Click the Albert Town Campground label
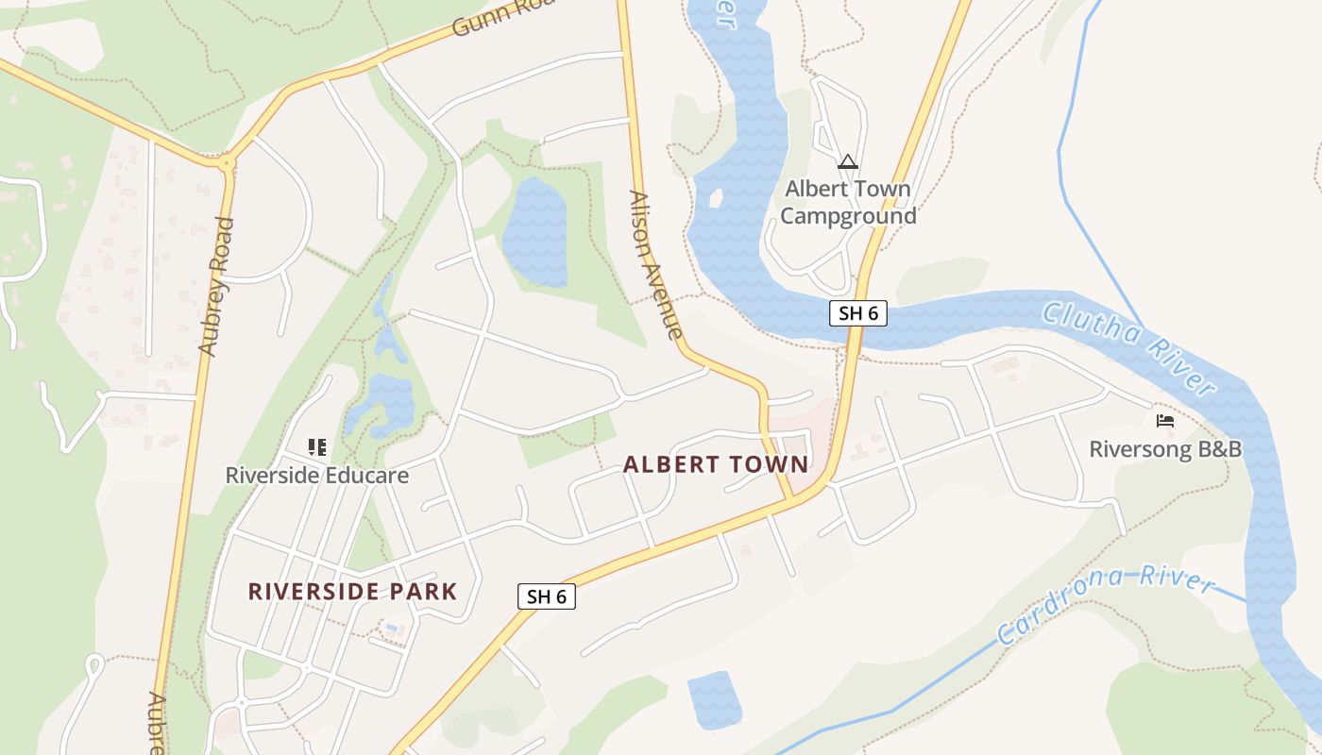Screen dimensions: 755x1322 click(847, 202)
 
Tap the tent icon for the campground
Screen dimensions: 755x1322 click(847, 162)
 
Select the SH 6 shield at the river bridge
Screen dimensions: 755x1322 click(858, 313)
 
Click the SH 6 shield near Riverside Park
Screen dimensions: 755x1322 click(546, 596)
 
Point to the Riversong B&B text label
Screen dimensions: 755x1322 click(1164, 449)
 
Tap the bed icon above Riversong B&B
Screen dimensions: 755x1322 click(1164, 420)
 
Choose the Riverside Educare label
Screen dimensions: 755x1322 click(316, 475)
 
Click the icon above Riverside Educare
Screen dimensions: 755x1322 click(316, 446)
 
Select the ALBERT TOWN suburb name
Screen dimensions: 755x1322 click(716, 464)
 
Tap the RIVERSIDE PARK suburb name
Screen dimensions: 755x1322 click(352, 592)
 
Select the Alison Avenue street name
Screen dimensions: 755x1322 click(655, 265)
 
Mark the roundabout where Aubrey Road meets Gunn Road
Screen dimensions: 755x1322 click(226, 162)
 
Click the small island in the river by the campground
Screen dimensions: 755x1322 click(715, 199)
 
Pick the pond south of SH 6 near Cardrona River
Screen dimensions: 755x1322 click(715, 698)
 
